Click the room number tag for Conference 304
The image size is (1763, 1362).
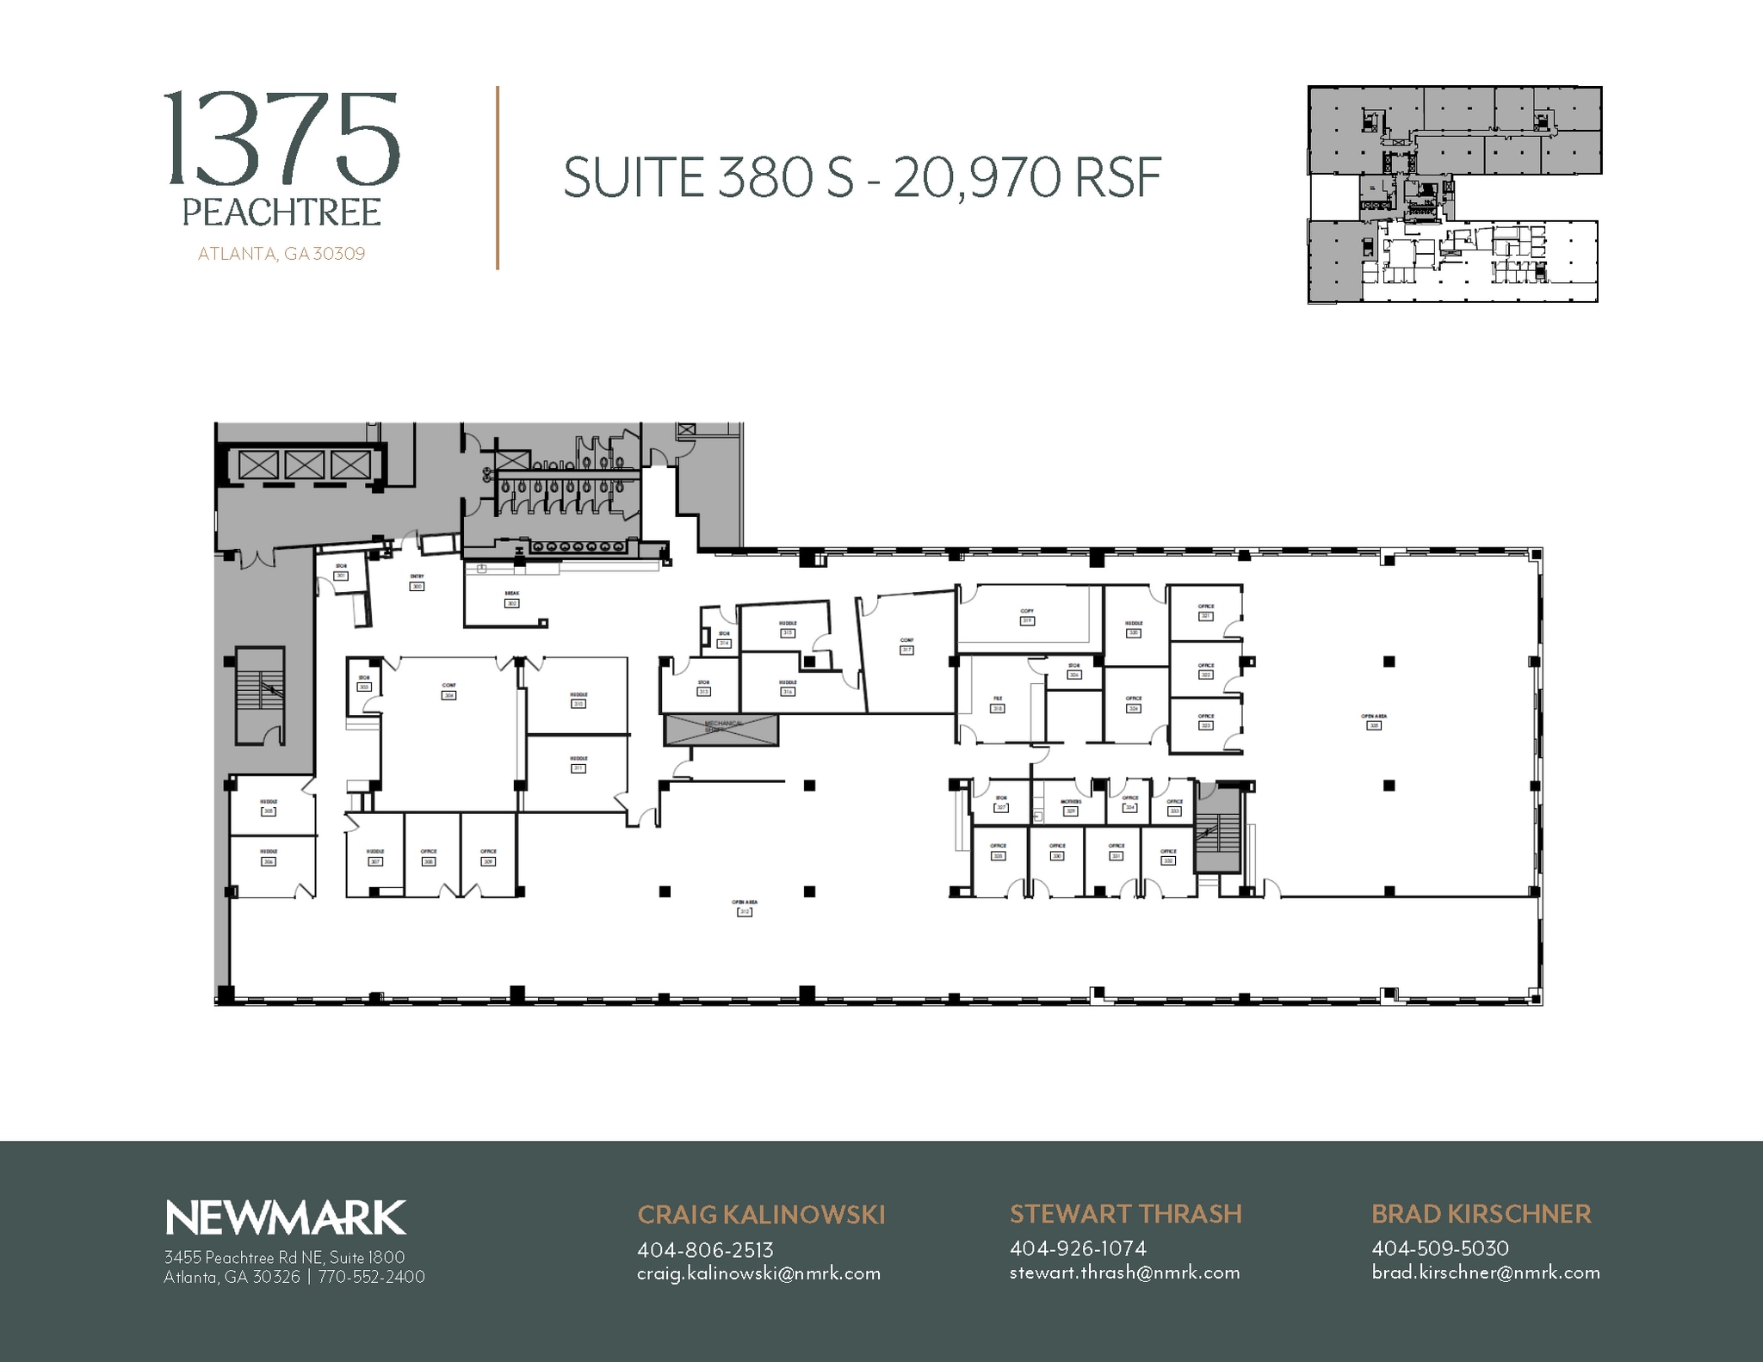click(448, 695)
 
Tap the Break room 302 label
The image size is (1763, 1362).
click(512, 603)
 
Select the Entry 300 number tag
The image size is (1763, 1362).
click(418, 586)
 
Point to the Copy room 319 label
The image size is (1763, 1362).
click(1027, 620)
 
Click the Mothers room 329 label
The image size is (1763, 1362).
click(1071, 810)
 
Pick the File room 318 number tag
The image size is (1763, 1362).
click(998, 708)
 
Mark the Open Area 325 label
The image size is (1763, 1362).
click(1374, 725)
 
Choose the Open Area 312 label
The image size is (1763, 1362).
click(745, 911)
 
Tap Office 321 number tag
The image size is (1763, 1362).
click(1206, 615)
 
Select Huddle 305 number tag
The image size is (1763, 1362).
click(269, 810)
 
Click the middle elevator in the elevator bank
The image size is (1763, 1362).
click(305, 465)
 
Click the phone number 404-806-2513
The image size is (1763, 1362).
click(705, 1249)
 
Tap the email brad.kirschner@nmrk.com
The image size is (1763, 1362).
click(1486, 1273)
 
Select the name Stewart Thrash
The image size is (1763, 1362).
click(1125, 1214)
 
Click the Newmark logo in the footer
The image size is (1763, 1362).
click(285, 1218)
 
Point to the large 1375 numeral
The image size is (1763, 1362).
click(281, 140)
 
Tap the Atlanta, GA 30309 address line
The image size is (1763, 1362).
click(281, 254)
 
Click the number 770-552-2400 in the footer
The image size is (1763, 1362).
click(372, 1277)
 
